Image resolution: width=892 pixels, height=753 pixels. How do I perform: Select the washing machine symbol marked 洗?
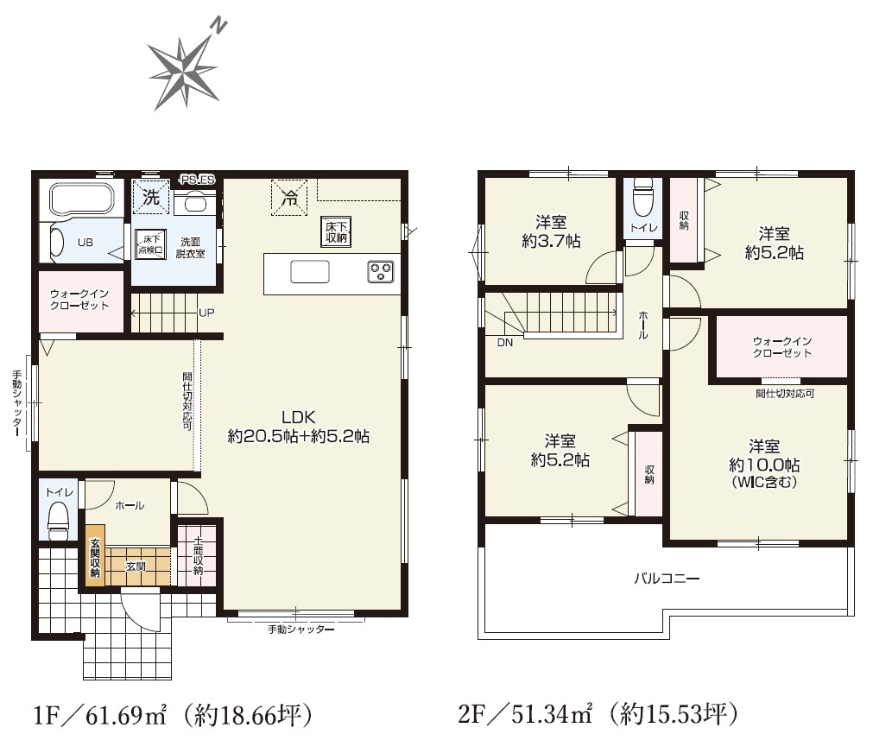point(151,197)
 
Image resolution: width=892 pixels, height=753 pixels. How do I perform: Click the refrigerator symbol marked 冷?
point(289,198)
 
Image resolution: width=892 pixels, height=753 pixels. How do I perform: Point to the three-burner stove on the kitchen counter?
point(381,271)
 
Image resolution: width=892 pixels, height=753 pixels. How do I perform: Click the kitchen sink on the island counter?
point(309,272)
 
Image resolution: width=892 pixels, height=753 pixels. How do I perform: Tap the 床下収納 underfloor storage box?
point(336,231)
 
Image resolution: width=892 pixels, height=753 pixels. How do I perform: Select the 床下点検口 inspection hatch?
point(150,244)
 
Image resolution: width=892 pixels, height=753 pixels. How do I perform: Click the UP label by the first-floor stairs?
point(206,313)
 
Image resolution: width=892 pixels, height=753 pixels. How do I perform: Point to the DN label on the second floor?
point(504,342)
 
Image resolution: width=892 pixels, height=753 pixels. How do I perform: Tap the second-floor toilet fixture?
point(642,198)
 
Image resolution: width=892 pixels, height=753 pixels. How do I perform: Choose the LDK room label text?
point(299,417)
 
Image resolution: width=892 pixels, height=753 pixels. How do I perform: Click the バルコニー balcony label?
point(667,579)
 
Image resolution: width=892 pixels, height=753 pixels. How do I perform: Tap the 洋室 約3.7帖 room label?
point(551,231)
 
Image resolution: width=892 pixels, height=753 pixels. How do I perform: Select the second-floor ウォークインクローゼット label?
point(781,347)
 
